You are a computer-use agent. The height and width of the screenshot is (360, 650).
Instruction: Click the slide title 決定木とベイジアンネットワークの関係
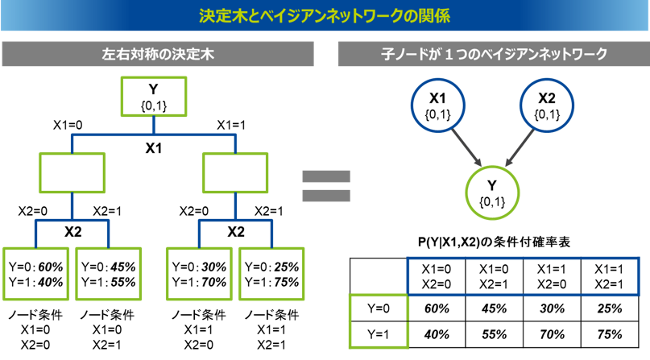325,16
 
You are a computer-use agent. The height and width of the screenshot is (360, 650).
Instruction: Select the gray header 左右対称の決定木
158,54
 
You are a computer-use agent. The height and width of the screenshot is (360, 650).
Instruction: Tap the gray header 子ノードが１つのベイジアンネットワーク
494,54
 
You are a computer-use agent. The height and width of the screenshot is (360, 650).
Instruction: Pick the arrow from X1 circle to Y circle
466,147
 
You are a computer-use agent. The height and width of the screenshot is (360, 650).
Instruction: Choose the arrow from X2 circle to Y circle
520,147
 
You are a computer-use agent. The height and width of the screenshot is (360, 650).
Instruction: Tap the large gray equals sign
326,186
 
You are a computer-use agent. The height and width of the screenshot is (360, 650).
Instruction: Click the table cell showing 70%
552,334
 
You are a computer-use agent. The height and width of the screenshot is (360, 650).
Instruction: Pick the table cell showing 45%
494,308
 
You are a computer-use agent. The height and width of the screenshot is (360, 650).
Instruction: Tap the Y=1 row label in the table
379,334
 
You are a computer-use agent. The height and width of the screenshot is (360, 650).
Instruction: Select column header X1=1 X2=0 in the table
552,277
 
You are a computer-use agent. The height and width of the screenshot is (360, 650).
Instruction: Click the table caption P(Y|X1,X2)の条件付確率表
494,242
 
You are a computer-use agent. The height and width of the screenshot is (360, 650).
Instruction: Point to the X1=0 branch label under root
68,125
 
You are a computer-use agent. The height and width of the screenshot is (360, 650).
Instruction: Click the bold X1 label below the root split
153,148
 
